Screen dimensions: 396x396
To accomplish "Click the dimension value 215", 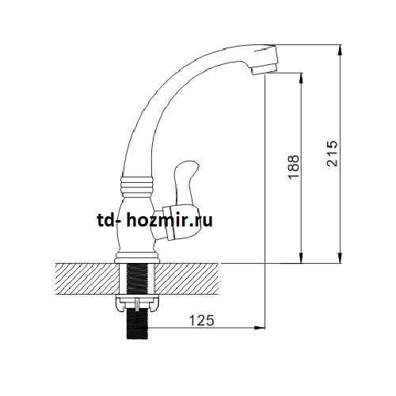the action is (x=332, y=154).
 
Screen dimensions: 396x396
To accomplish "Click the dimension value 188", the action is (x=294, y=167).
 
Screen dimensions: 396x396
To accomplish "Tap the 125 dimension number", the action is (x=202, y=321).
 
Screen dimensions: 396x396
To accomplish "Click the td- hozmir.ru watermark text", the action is (x=155, y=220).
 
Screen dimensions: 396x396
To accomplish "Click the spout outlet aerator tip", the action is (x=263, y=70).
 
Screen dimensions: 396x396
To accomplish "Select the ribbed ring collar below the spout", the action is (x=137, y=185).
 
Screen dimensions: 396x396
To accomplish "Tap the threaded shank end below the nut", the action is (x=137, y=326).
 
